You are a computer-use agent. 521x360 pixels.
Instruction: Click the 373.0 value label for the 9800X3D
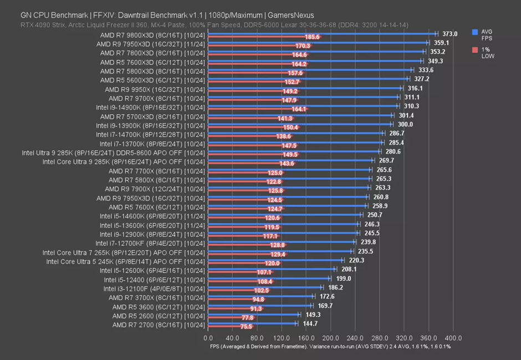click(450, 34)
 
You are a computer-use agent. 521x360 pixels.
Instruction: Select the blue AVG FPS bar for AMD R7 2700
click(252, 323)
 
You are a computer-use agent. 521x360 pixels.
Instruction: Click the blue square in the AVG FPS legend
click(474, 32)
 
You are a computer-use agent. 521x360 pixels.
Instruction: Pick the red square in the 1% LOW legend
click(474, 50)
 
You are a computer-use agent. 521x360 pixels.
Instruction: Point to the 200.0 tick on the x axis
click(330, 337)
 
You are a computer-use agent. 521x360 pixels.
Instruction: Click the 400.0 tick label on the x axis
click(453, 337)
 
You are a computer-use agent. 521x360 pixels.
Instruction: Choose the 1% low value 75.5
click(246, 327)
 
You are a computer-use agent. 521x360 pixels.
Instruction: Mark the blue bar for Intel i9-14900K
click(302, 106)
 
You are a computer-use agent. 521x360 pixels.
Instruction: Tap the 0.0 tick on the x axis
click(208, 337)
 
